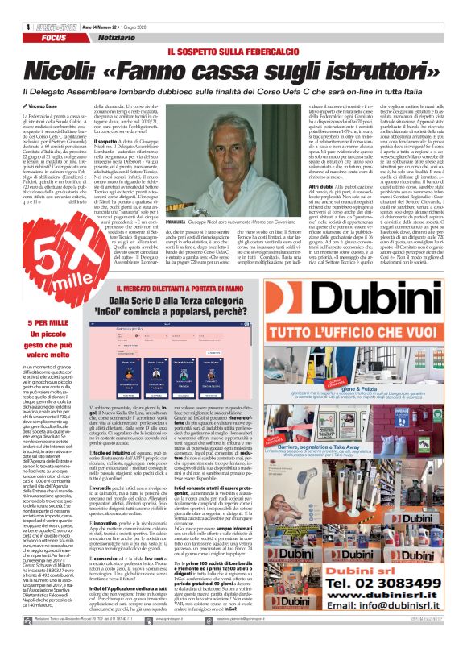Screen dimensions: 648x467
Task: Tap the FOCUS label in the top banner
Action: (31, 16)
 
